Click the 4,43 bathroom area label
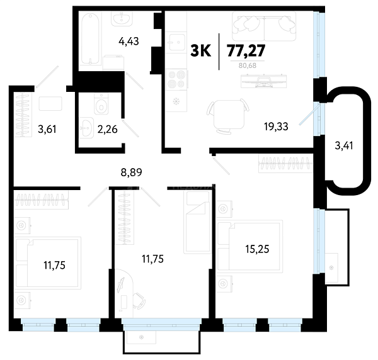[129, 42]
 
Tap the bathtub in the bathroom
[90, 38]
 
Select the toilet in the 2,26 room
[101, 104]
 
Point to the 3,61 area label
[47, 129]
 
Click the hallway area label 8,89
[132, 172]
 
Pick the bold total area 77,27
[246, 51]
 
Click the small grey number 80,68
[248, 65]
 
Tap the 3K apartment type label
[200, 51]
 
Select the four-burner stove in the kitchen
[176, 79]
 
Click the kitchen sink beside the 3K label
[176, 42]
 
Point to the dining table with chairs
[228, 115]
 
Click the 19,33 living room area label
[276, 127]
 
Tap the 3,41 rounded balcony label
[344, 145]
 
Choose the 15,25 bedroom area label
[257, 249]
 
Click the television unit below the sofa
[264, 81]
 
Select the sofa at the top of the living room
[264, 26]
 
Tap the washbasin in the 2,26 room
[86, 128]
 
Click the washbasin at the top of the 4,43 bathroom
[122, 19]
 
